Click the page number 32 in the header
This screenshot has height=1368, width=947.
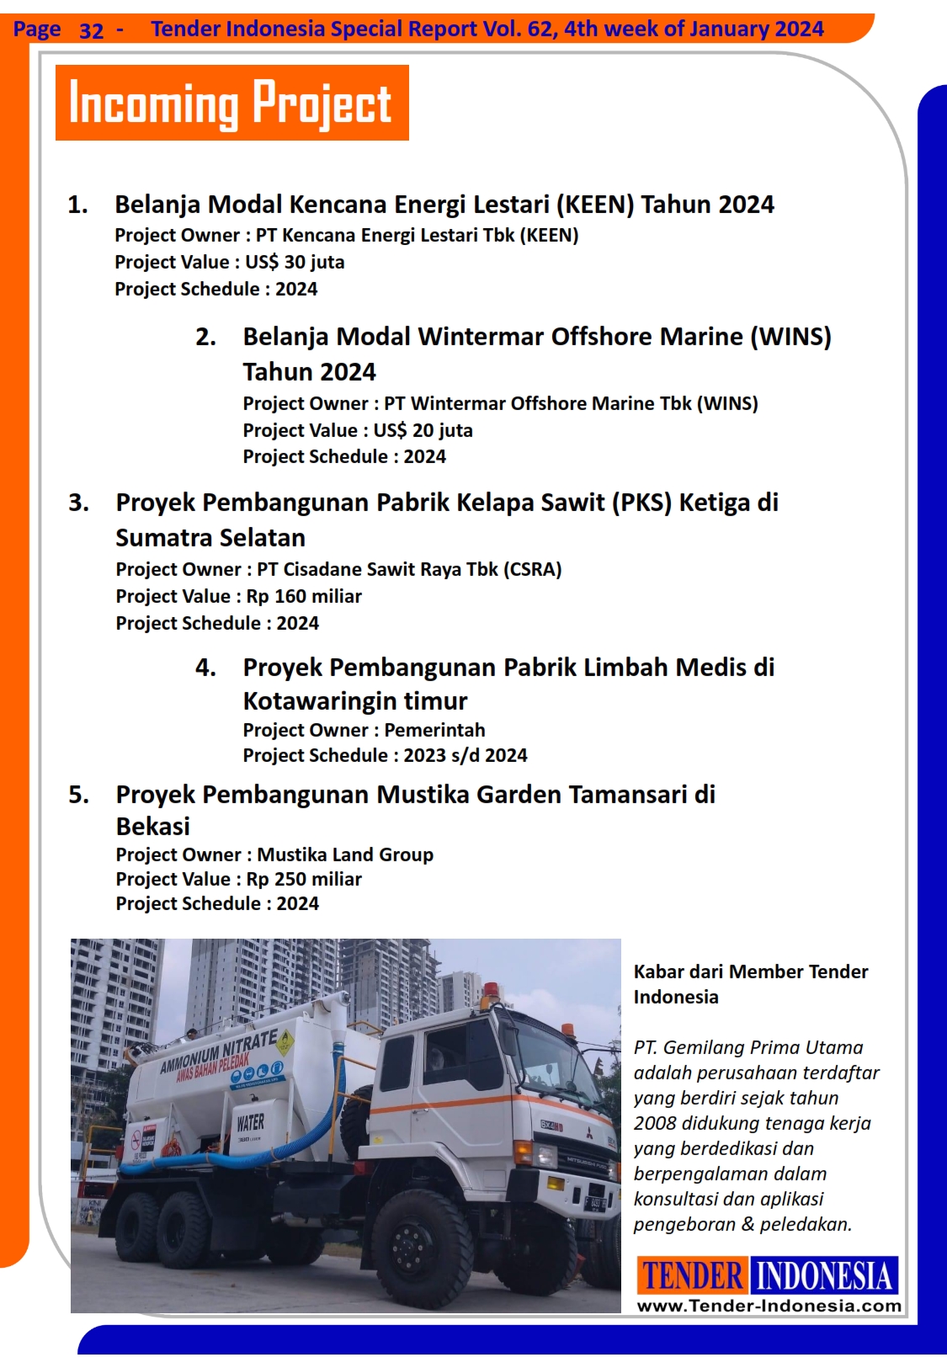(x=91, y=31)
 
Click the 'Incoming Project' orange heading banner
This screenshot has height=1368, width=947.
(x=231, y=103)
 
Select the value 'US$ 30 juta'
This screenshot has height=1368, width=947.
(x=295, y=262)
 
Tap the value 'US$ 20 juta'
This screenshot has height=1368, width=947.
(x=423, y=430)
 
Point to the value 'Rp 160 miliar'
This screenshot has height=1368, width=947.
(x=304, y=596)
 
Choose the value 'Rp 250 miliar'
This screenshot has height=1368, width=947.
(x=304, y=879)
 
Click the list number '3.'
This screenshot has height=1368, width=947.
(x=78, y=503)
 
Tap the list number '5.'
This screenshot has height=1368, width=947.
(x=78, y=795)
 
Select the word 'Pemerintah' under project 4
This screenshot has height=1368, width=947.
(x=434, y=730)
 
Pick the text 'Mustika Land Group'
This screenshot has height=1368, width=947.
(x=345, y=854)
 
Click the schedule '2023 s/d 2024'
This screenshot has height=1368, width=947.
(x=466, y=755)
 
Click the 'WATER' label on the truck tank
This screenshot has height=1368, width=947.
(x=250, y=1122)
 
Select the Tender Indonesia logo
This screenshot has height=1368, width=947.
(x=768, y=1275)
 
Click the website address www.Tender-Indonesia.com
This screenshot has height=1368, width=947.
(x=769, y=1306)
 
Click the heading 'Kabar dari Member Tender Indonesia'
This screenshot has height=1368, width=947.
(x=750, y=984)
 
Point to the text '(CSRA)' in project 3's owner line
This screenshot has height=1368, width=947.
(x=533, y=569)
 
